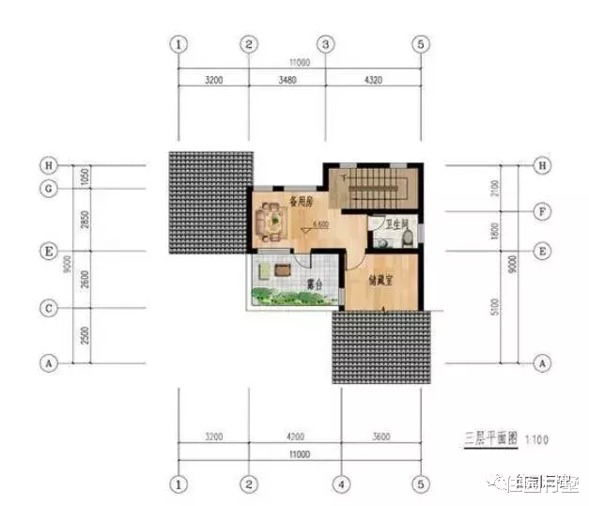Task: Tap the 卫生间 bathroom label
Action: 385,224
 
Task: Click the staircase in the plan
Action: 376,188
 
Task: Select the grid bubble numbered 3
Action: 326,44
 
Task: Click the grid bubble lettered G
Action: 46,188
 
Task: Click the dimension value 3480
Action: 287,82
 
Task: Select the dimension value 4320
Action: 373,82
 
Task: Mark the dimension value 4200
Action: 293,437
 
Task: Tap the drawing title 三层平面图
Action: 488,438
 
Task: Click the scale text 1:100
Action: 535,439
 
